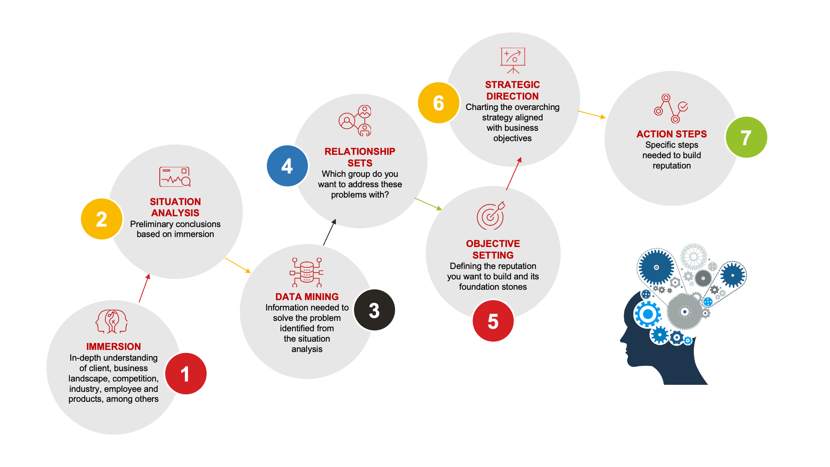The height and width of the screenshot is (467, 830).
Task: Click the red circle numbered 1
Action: click(186, 374)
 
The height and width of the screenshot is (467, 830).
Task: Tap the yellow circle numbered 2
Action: click(102, 219)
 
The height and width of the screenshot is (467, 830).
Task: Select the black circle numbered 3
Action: click(374, 310)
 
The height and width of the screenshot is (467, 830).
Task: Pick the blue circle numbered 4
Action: click(287, 166)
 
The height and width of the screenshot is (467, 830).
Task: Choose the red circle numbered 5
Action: click(493, 321)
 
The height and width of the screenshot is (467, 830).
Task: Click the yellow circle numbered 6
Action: click(439, 103)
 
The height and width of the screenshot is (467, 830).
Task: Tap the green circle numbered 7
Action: click(746, 137)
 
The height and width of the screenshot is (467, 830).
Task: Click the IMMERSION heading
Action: click(113, 347)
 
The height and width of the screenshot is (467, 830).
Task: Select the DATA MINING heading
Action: click(307, 297)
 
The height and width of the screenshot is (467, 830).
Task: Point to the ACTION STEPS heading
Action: click(671, 134)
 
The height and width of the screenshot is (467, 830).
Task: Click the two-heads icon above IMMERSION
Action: click(112, 321)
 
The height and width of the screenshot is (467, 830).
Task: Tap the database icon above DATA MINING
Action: click(307, 272)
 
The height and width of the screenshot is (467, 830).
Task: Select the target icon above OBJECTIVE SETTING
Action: click(491, 215)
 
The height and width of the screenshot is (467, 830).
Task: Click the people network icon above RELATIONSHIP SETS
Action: click(356, 120)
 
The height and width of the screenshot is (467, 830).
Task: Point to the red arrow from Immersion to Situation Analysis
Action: click(144, 288)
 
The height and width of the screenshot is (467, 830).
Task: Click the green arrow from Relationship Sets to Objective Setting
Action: click(428, 204)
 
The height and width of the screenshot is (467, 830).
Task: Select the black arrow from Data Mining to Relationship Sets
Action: click(330, 232)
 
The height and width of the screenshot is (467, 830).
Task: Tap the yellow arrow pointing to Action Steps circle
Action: click(591, 115)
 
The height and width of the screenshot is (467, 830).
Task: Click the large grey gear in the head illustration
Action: click(685, 311)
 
